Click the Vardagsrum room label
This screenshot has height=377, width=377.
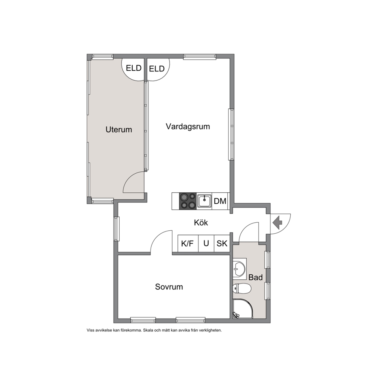(x=188, y=127)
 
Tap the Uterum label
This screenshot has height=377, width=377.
(x=119, y=130)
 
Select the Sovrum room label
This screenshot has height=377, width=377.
(x=169, y=287)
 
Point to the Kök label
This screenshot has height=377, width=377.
(x=201, y=223)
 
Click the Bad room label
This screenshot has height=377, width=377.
(x=255, y=277)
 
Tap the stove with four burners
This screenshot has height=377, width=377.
(x=188, y=201)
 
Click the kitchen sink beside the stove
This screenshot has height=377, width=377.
(x=204, y=201)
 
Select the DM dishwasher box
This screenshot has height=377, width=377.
(x=220, y=201)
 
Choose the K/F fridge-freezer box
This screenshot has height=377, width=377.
(x=188, y=244)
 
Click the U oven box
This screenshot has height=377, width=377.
(x=206, y=244)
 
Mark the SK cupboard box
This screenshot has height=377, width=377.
(x=222, y=244)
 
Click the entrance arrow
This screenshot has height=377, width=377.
(x=277, y=223)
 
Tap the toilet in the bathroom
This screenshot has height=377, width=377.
(x=242, y=288)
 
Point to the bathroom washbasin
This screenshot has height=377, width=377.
(x=239, y=269)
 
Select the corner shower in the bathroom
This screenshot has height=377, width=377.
(x=243, y=309)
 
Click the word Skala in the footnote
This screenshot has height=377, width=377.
(x=148, y=330)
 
